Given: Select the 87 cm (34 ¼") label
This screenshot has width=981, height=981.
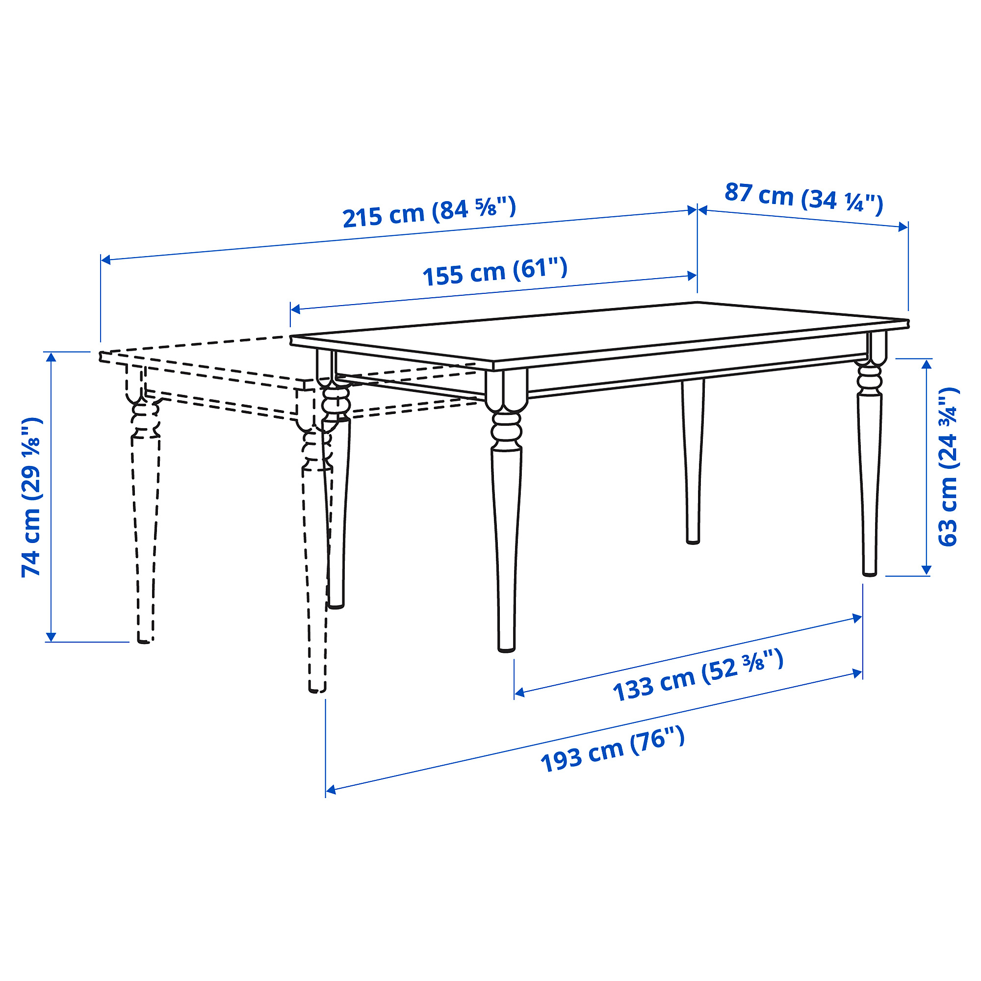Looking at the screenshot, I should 804,198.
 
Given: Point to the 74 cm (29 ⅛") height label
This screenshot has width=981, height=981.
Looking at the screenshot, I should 31,497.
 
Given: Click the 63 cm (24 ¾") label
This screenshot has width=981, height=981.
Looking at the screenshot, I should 948,467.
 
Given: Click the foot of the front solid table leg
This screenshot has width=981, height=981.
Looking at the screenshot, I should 506,648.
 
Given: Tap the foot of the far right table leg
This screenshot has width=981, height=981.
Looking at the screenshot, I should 869,573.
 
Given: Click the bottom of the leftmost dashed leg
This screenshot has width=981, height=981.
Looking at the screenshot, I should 144,640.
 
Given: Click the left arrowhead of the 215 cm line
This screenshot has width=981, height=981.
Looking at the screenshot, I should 105,260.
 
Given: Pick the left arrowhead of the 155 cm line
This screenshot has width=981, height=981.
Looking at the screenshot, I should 294,309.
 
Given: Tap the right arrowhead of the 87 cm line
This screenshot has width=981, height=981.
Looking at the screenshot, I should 904,227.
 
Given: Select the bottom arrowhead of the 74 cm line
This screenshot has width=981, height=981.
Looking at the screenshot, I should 50,637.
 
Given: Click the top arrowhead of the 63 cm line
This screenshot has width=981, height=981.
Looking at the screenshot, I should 926,363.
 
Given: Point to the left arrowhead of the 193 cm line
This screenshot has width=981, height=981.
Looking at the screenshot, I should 330,790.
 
